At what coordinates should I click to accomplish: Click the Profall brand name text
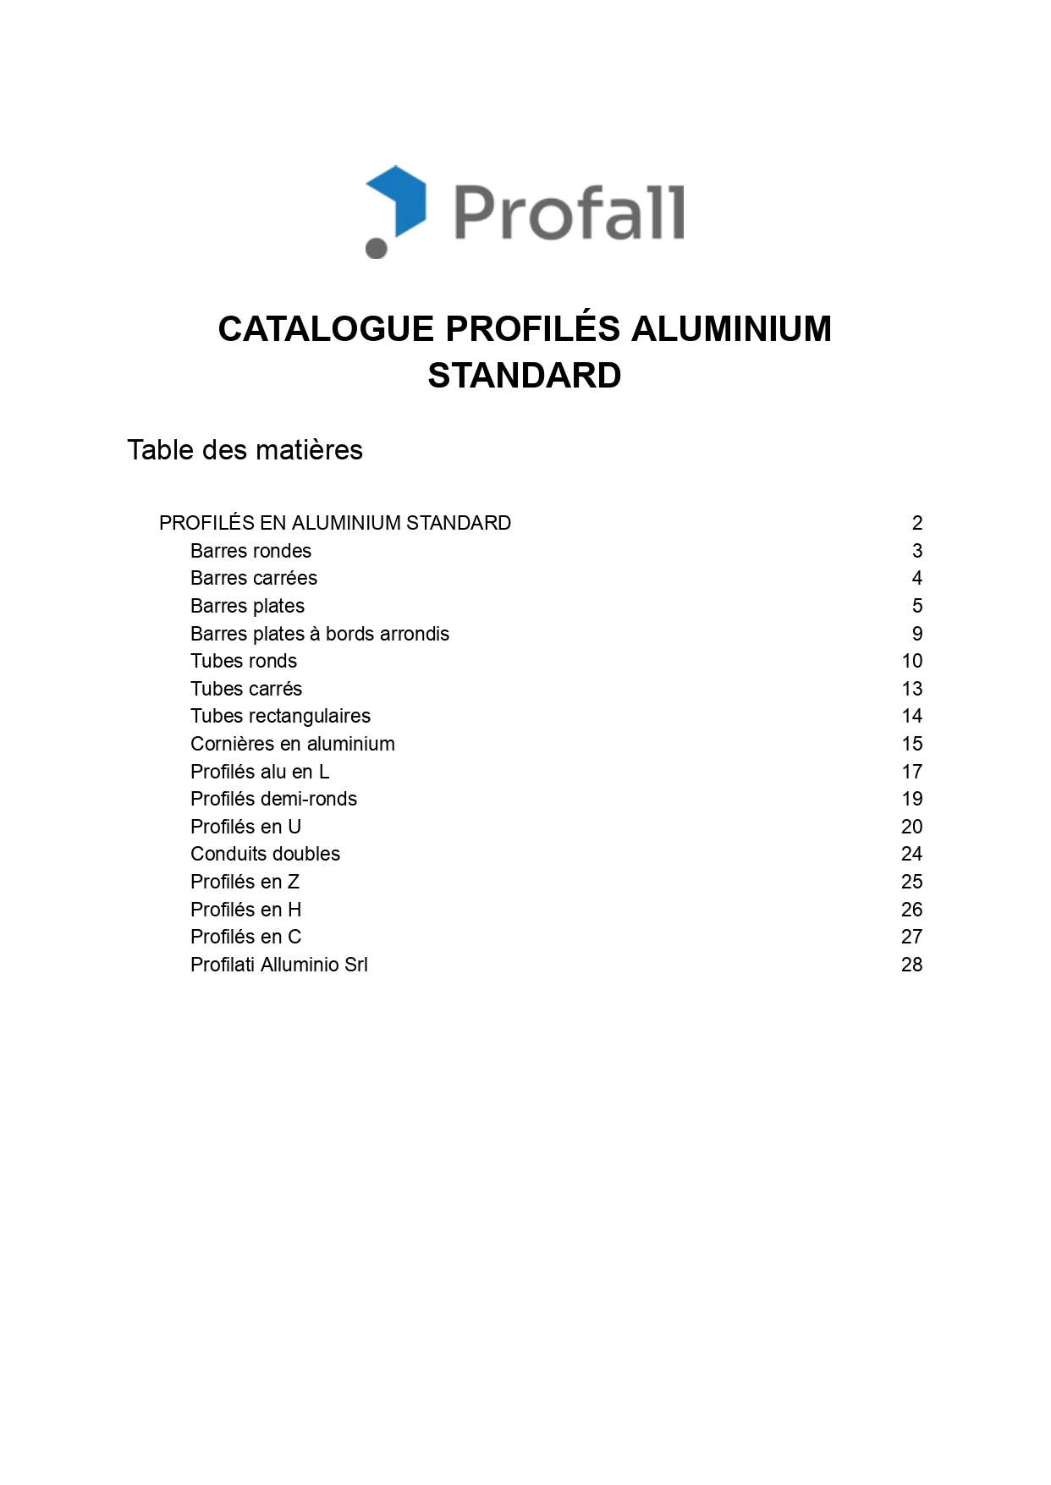point(569,212)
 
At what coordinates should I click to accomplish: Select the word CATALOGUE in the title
point(326,329)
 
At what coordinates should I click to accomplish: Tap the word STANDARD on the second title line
point(525,376)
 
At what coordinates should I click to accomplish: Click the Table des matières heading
point(245,450)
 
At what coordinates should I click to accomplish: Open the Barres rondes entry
point(250,551)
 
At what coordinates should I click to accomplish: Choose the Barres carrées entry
point(254,578)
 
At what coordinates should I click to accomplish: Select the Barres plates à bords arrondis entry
point(320,634)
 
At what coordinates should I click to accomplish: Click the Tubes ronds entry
point(244,661)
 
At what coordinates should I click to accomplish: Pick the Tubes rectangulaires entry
point(280,716)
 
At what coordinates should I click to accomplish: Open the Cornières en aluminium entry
point(293,744)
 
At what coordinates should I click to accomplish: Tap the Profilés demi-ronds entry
point(273,799)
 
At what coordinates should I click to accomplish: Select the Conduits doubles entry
point(265,854)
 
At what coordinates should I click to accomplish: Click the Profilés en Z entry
point(245,882)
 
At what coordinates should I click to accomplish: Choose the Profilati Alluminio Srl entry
point(279,965)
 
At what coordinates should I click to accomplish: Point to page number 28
point(911,965)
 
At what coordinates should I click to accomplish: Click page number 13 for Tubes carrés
point(911,689)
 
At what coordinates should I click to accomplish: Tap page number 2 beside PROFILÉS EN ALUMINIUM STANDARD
point(917,523)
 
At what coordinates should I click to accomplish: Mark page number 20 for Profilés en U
point(911,827)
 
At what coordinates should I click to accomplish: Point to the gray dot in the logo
point(376,248)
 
